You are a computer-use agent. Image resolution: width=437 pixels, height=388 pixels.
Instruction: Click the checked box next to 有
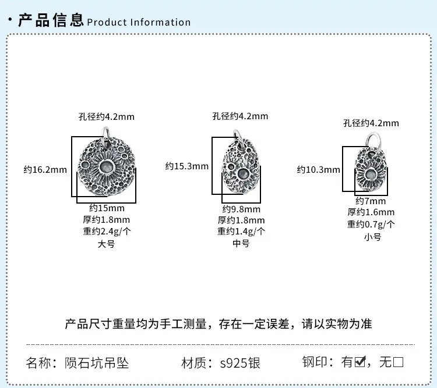point(360,362)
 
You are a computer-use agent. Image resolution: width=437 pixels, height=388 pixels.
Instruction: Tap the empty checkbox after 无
point(398,362)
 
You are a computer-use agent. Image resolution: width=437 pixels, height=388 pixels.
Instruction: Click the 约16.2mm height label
point(45,169)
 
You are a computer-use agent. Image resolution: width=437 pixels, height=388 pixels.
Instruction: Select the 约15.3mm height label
point(186,166)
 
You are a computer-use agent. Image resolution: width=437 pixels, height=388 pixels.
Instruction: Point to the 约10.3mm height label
point(318,169)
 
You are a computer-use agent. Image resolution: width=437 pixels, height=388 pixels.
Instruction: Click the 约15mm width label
point(107,208)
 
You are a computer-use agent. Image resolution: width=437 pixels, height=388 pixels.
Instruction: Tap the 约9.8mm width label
point(241,209)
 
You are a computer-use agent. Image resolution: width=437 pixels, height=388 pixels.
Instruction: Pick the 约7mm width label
point(371,201)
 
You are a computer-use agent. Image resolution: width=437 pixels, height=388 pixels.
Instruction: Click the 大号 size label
point(106,244)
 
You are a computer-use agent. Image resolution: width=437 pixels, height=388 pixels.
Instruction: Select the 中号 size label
point(241,244)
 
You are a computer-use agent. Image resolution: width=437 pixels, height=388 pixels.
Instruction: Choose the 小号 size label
point(372,237)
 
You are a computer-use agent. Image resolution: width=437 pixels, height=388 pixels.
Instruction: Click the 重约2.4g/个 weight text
point(107,232)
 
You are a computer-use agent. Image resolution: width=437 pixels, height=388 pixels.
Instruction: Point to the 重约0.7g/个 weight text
point(371,224)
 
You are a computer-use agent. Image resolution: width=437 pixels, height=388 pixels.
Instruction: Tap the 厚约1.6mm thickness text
point(371,212)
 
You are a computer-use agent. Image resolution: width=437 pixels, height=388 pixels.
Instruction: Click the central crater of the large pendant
point(107,168)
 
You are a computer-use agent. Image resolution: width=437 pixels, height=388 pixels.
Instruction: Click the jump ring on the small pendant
point(373,140)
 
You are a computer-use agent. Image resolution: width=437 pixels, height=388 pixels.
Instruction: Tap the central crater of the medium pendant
point(243,174)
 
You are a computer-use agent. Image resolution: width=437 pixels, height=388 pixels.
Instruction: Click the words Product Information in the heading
point(139,22)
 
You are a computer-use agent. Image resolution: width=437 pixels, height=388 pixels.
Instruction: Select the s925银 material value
point(240,363)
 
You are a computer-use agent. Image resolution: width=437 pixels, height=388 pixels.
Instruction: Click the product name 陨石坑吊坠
point(97,363)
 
